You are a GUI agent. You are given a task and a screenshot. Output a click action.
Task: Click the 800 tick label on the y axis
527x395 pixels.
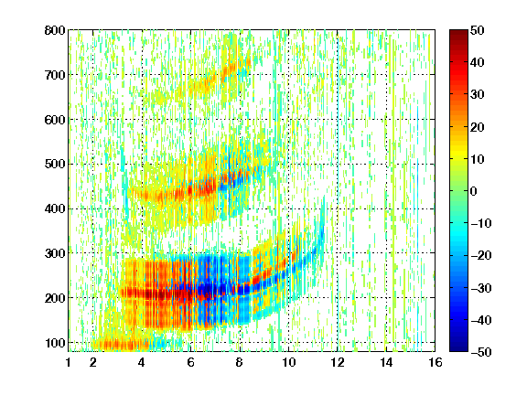(55, 30)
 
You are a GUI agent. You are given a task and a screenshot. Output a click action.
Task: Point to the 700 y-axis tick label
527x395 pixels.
(55, 75)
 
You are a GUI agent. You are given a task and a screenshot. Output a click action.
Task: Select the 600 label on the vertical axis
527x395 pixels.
(55, 120)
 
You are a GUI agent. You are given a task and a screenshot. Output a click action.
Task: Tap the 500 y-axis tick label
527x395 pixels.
(55, 165)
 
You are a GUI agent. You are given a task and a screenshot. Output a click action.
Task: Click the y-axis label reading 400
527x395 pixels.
(55, 208)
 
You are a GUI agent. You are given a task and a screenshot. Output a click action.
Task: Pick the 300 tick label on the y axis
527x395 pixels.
(55, 253)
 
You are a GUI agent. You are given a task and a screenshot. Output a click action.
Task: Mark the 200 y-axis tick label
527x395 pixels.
(55, 298)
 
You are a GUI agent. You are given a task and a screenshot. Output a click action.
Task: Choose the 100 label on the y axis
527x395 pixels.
(55, 343)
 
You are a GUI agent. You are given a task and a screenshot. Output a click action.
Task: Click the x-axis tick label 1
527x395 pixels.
(69, 362)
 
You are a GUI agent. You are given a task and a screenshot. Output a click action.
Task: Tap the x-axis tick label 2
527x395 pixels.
(93, 362)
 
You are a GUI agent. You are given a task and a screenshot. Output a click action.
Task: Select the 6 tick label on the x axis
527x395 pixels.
(190, 362)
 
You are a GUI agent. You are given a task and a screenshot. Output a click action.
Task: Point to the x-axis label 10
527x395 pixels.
(288, 362)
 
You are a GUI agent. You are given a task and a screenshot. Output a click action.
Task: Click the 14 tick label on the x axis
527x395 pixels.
(386, 362)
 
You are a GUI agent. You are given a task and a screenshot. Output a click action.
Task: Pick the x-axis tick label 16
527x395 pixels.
(435, 362)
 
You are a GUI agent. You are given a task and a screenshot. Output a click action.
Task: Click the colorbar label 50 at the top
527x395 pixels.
(477, 30)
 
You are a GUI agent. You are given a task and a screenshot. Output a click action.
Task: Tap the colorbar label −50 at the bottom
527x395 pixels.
(481, 352)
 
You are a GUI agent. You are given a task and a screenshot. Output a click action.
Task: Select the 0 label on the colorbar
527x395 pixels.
(474, 191)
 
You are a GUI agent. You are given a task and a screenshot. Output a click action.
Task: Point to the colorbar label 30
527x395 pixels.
(477, 95)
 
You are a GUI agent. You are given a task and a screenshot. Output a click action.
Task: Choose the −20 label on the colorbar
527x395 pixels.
(481, 255)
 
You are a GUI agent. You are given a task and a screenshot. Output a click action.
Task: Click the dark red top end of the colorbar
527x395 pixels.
(458, 32)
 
